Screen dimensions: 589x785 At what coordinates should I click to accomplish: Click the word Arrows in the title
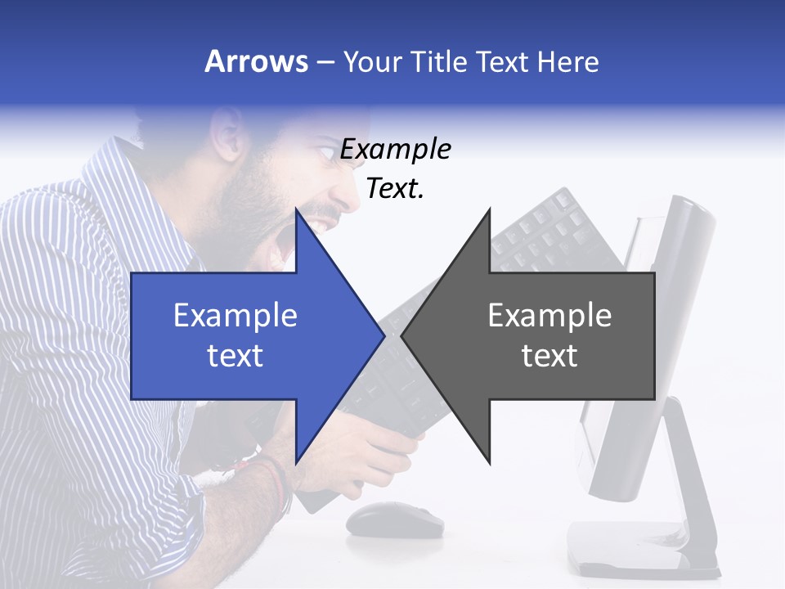256,61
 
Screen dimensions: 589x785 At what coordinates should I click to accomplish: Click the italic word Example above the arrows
395,150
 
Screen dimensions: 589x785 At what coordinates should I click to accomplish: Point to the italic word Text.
395,189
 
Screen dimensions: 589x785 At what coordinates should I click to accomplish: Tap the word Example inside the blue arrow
235,316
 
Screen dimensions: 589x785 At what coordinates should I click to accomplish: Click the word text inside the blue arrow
235,356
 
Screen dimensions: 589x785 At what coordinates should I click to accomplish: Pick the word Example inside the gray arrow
549,316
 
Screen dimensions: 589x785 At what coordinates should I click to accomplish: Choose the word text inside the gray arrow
549,356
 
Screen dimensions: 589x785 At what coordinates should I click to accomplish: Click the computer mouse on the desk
394,519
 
